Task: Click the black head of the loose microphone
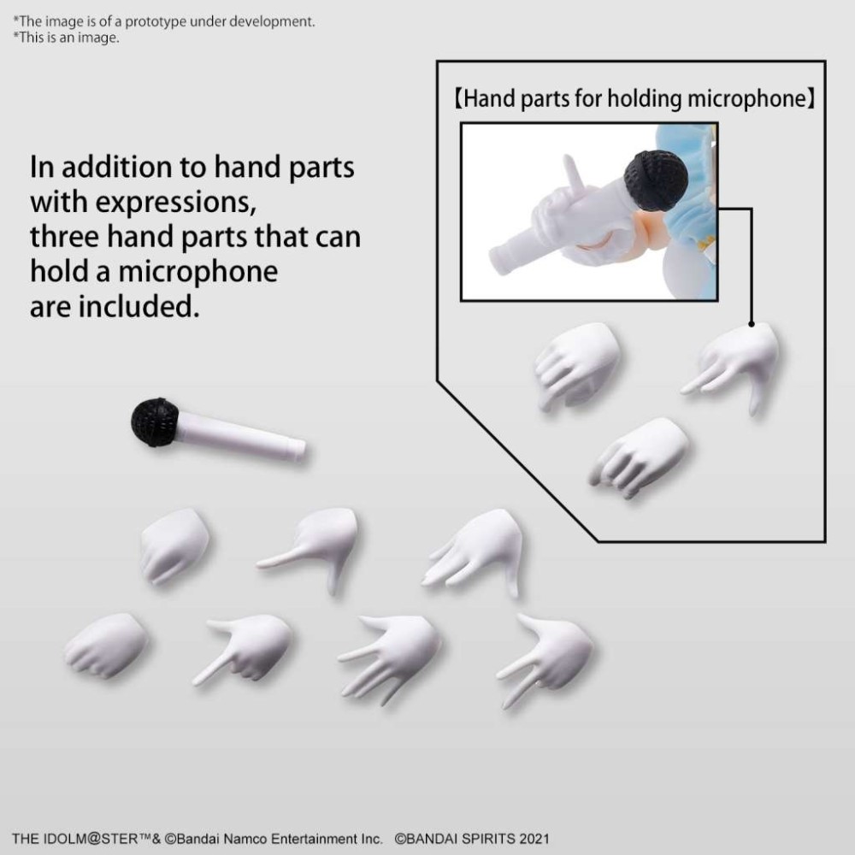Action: point(155,422)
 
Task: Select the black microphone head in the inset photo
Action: point(655,180)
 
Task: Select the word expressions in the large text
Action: point(157,203)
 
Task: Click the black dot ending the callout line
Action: point(752,324)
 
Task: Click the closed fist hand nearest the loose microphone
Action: point(175,545)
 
